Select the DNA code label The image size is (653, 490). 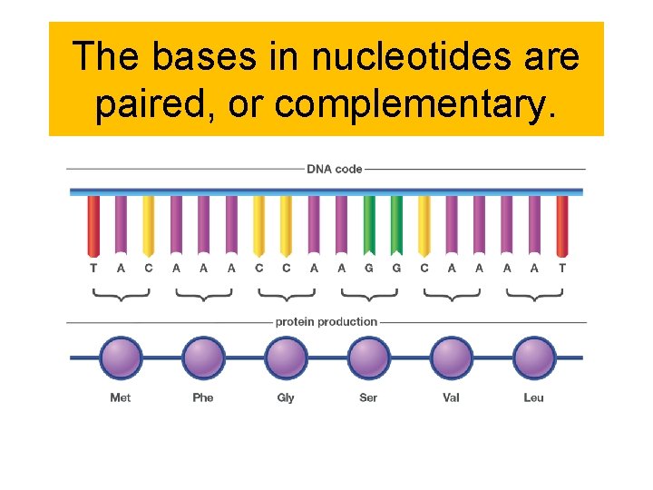coord(334,169)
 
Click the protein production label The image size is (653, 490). coord(326,322)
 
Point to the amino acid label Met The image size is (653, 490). coord(120,397)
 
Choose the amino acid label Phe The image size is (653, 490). coord(203,397)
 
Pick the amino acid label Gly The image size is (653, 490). coord(286,397)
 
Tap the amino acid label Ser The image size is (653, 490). coord(368,397)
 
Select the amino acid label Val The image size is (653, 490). coord(451,397)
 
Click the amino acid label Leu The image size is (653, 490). coord(533,397)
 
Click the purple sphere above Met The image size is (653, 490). coord(121,358)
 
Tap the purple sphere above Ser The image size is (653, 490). coord(368,358)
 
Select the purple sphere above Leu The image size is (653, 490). coord(533,358)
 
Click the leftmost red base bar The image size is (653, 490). coord(93,225)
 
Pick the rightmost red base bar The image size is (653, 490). coord(562,225)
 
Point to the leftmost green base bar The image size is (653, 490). coord(369,225)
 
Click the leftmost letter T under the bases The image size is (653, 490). coord(93,268)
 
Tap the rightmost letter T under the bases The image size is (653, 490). coord(562,268)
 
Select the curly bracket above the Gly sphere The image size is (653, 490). coord(286,294)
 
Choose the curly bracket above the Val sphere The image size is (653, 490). coord(451,294)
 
